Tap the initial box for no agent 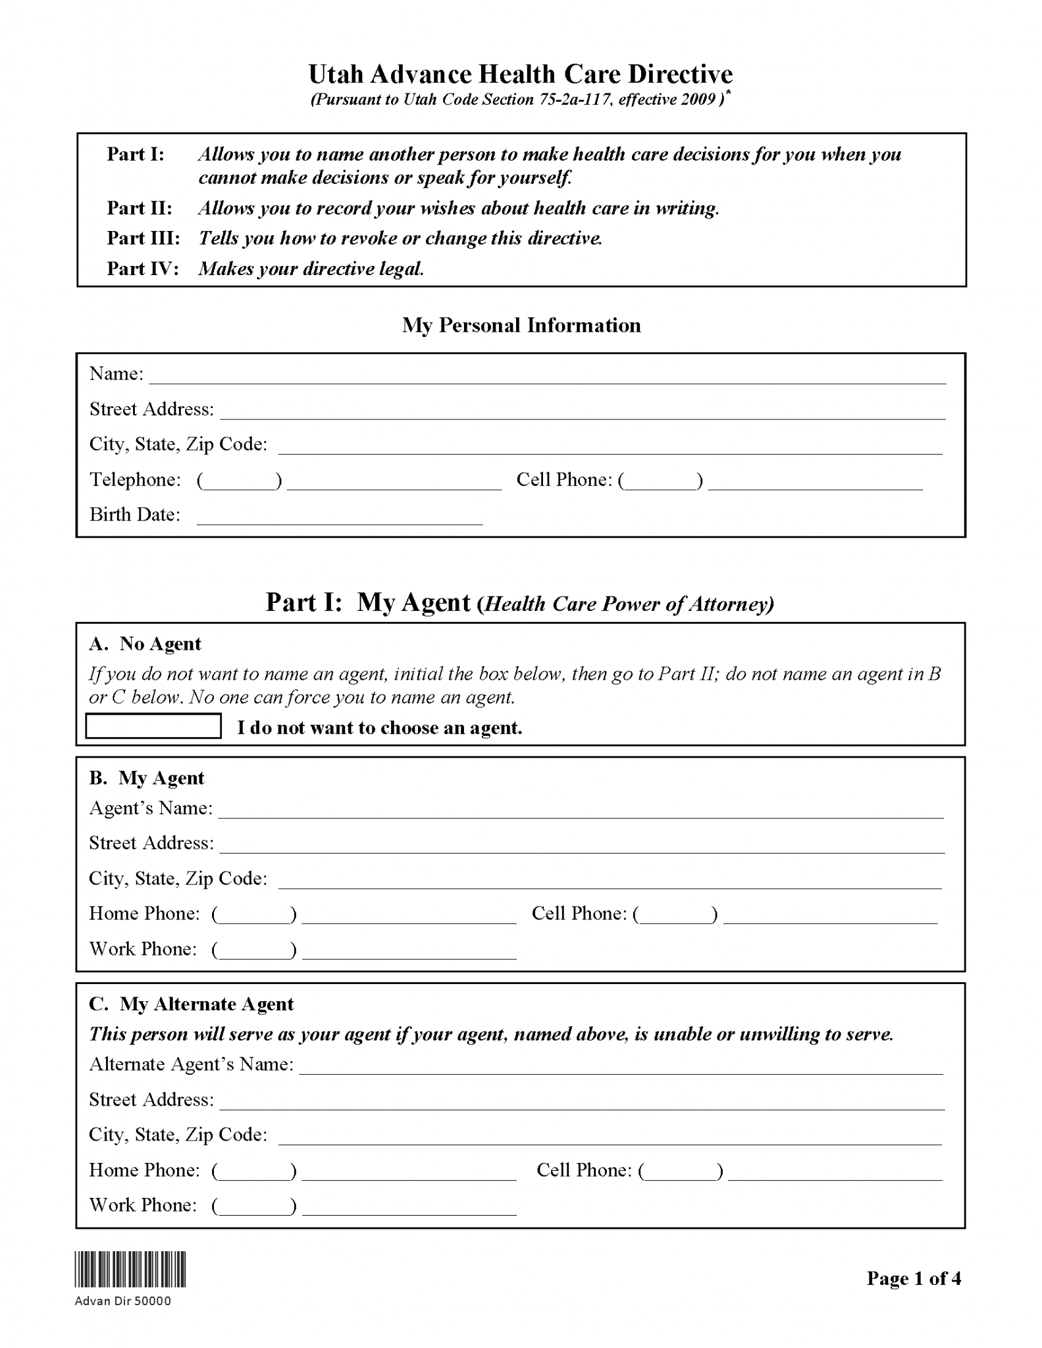pyautogui.click(x=153, y=726)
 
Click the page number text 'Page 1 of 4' pyautogui.click(x=914, y=1278)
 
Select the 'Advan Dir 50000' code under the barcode pyautogui.click(x=123, y=1301)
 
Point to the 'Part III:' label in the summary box pyautogui.click(x=143, y=238)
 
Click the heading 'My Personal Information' pyautogui.click(x=521, y=325)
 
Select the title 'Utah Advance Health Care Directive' pyautogui.click(x=521, y=74)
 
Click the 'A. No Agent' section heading pyautogui.click(x=145, y=644)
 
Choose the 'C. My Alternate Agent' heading pyautogui.click(x=191, y=1004)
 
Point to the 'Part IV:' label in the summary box pyautogui.click(x=143, y=269)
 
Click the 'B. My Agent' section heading pyautogui.click(x=146, y=778)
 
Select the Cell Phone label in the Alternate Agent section pyautogui.click(x=584, y=1170)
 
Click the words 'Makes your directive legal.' pyautogui.click(x=311, y=269)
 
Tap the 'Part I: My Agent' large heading pyautogui.click(x=519, y=603)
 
